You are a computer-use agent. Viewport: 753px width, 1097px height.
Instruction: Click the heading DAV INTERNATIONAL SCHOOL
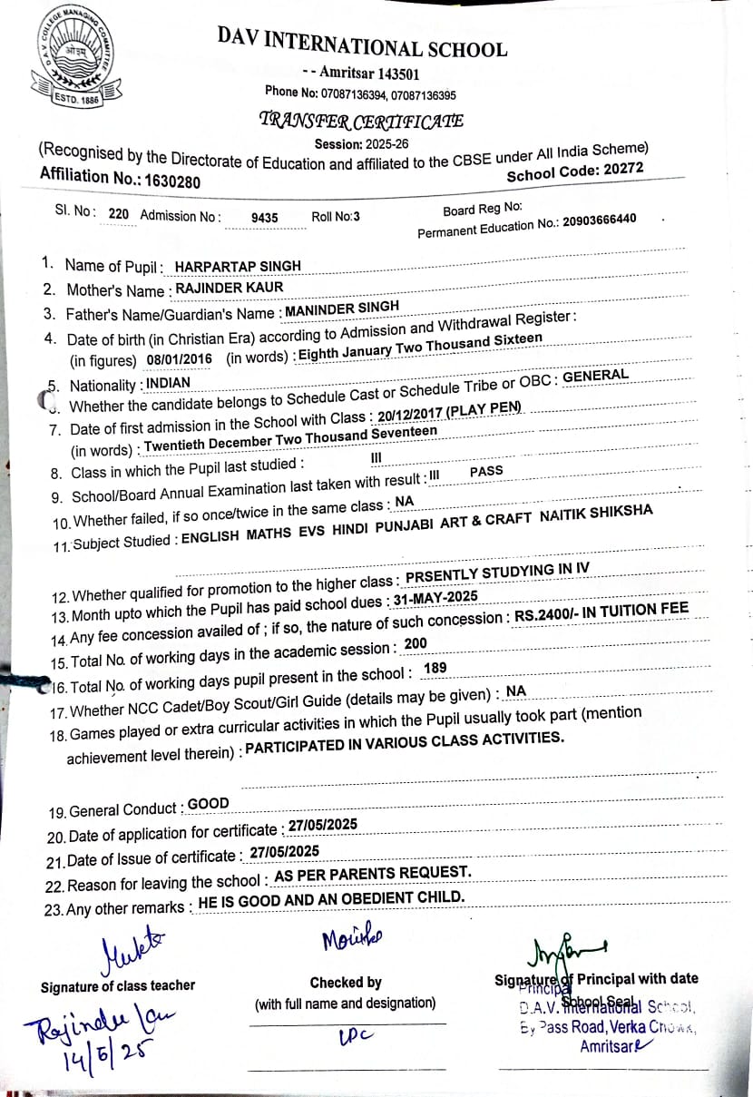click(362, 43)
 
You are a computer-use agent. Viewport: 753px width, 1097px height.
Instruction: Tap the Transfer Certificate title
click(361, 120)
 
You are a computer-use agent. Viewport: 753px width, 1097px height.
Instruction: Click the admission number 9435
click(264, 218)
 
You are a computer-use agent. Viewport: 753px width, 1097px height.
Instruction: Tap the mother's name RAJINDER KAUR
click(229, 288)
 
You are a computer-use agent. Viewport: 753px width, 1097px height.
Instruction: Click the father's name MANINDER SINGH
click(342, 309)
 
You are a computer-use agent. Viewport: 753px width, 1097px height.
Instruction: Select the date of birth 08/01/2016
click(179, 359)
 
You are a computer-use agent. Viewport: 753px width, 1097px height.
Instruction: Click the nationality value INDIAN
click(168, 383)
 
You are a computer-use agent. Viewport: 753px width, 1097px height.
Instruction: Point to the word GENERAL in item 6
click(595, 375)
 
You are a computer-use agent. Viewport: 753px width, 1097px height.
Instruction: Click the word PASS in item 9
click(486, 472)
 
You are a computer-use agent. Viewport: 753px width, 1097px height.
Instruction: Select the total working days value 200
click(416, 643)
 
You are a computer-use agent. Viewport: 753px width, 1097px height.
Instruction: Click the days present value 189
click(435, 668)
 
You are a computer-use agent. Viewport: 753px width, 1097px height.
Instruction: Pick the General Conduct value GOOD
click(208, 804)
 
